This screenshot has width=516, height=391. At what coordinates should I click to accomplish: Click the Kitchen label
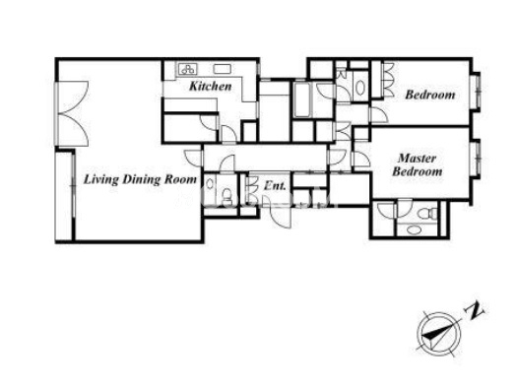(x=211, y=87)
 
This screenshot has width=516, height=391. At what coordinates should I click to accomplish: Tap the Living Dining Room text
(x=140, y=179)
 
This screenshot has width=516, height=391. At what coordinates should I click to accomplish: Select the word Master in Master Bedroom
(x=418, y=159)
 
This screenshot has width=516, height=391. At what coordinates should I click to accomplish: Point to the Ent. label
(x=275, y=186)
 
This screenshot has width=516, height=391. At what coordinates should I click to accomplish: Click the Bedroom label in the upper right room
(x=430, y=95)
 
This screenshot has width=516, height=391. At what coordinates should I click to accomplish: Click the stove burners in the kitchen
(x=187, y=69)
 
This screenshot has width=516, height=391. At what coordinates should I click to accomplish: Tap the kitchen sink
(x=223, y=69)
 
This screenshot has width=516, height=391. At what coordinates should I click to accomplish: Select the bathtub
(x=302, y=99)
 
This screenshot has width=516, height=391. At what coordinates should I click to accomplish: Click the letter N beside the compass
(x=474, y=311)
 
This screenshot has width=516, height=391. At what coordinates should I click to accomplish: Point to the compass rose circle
(x=438, y=334)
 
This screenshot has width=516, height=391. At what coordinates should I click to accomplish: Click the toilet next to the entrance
(x=226, y=197)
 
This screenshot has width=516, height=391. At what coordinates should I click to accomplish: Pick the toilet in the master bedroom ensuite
(x=428, y=214)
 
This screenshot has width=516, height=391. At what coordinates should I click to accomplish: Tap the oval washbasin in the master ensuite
(x=413, y=229)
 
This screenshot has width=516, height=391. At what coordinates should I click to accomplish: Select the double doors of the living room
(x=73, y=113)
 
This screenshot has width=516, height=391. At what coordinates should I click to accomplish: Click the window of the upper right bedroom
(x=476, y=92)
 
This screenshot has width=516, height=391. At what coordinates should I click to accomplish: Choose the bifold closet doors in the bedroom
(x=388, y=80)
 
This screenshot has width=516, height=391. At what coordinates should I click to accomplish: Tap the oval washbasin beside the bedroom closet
(x=360, y=88)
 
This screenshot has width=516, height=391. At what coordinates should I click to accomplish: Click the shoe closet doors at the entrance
(x=252, y=188)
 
